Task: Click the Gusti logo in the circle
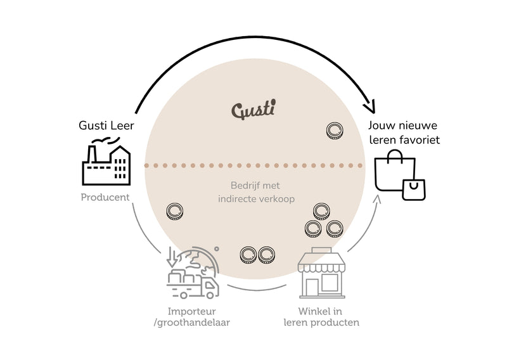pos(253,109)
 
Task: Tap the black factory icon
pos(106,161)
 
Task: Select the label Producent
pos(105,197)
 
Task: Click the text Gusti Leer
pos(106,125)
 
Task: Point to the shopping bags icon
pos(400,175)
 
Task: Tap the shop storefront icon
pos(321,273)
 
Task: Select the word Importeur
pos(192,311)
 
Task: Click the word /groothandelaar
pos(192,323)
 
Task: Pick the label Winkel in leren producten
pos(321,317)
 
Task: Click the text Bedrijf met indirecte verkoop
pos(256,192)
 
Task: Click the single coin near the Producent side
pos(175,212)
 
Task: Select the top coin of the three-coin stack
pos(321,212)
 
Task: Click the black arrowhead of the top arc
pos(369,106)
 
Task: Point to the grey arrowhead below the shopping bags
pos(378,198)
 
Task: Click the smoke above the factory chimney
pos(106,140)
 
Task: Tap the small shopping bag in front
pos(414,190)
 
